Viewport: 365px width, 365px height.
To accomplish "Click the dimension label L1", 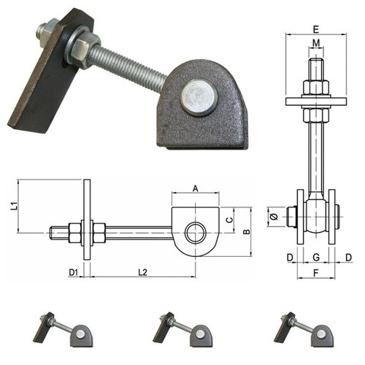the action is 15,206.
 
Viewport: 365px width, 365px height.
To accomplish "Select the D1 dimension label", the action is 74,272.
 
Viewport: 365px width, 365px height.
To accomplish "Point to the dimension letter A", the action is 196,188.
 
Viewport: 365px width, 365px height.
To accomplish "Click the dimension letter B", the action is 247,231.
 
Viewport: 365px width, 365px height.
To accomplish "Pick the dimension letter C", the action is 229,220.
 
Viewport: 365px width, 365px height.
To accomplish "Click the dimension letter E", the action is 315,29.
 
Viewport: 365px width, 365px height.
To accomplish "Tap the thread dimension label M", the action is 316,43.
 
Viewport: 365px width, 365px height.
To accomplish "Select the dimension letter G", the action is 316,257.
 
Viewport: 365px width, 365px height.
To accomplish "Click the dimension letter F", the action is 315,273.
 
